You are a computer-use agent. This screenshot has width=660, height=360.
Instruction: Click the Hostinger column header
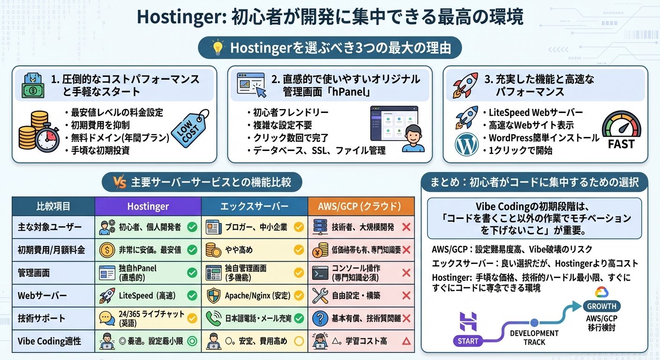pyautogui.click(x=148, y=206)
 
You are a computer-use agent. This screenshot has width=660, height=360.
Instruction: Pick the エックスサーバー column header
pyautogui.click(x=255, y=206)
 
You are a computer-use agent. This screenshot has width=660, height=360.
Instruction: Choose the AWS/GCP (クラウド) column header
pyautogui.click(x=361, y=206)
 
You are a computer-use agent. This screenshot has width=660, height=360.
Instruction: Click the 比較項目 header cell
pyautogui.click(x=53, y=206)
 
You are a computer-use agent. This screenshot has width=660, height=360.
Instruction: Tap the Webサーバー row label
pyautogui.click(x=42, y=296)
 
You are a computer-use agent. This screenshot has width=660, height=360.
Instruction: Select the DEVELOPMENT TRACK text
pyautogui.click(x=534, y=337)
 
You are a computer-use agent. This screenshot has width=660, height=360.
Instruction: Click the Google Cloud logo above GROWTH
pyautogui.click(x=601, y=292)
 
